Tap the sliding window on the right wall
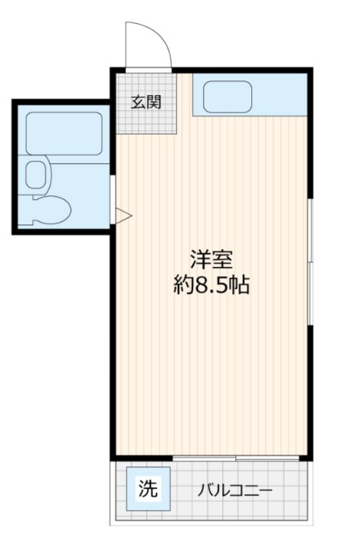point(310,260)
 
